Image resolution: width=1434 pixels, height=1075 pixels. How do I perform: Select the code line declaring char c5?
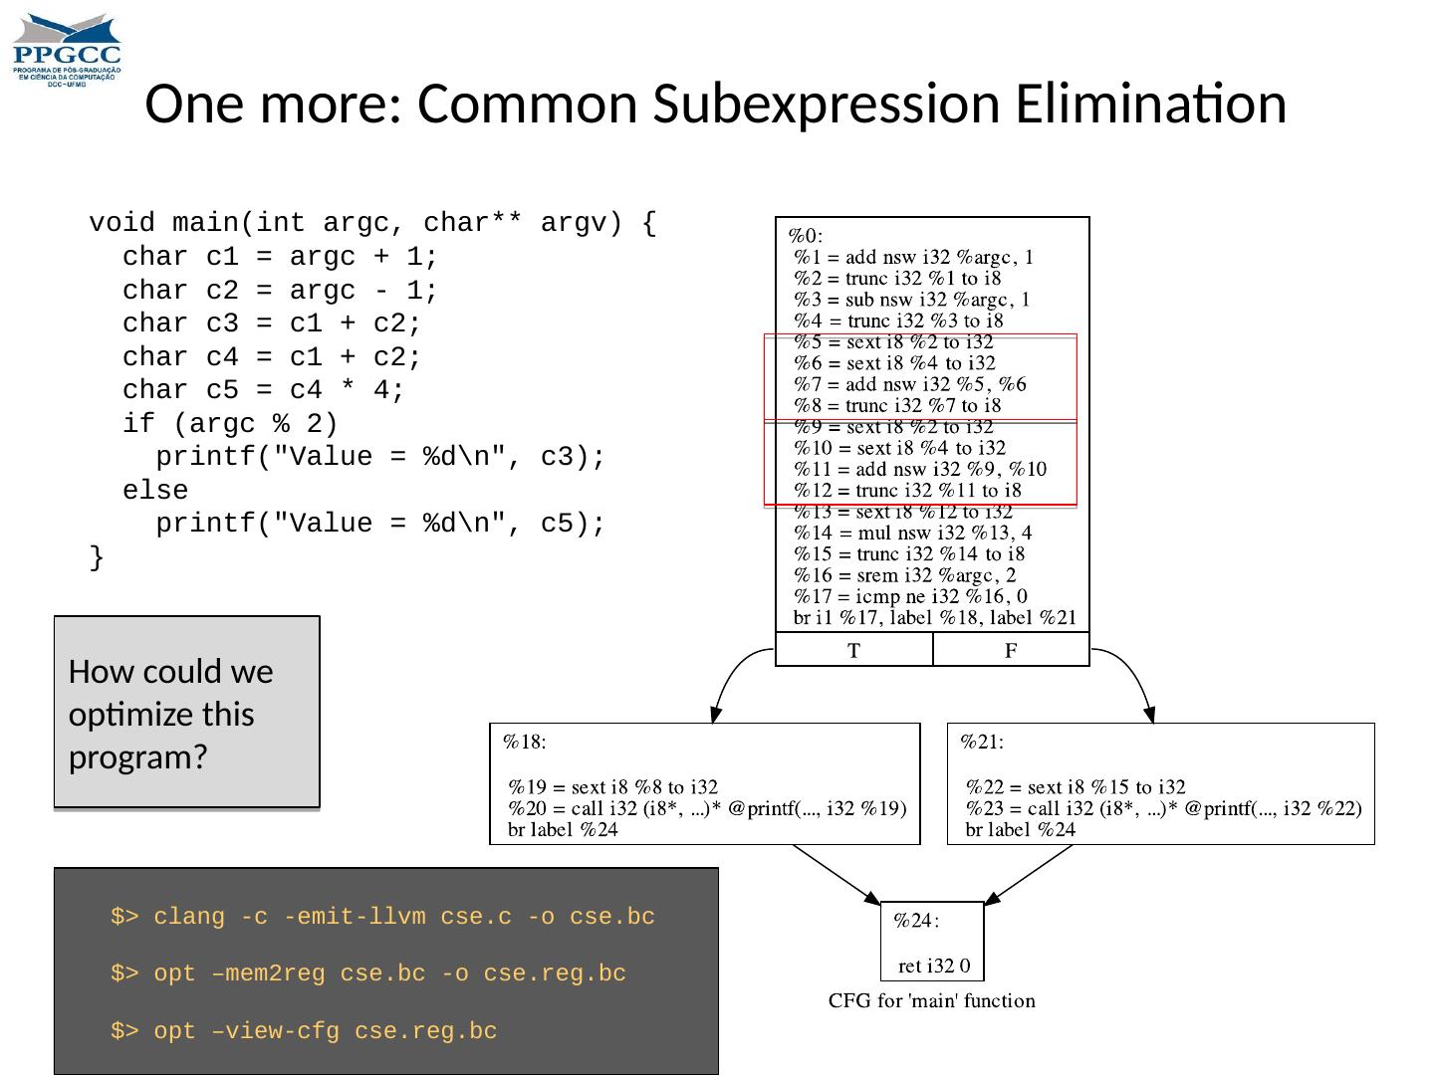point(263,390)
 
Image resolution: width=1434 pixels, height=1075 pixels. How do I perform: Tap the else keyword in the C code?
point(155,491)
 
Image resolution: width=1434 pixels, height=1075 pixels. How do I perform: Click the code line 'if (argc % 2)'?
point(230,424)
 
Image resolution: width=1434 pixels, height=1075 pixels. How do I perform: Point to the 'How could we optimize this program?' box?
point(186,712)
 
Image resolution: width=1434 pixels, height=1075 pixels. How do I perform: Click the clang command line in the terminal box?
point(382,917)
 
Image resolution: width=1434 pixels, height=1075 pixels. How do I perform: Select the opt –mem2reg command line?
point(368,973)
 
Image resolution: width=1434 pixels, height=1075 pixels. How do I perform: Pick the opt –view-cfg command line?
point(304,1031)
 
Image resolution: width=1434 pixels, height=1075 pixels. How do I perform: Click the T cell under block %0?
point(853,651)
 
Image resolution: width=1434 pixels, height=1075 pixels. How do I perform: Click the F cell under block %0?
point(1011,651)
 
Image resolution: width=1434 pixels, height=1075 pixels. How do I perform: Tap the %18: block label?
point(524,741)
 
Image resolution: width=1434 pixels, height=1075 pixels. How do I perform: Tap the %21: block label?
point(981,741)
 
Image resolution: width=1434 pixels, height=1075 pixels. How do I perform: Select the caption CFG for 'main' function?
point(932,1000)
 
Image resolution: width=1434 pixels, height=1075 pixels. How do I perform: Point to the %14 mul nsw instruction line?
point(912,533)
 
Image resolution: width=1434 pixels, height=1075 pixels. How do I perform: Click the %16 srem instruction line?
point(904,575)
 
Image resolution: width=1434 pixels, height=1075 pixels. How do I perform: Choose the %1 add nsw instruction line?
point(913,257)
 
